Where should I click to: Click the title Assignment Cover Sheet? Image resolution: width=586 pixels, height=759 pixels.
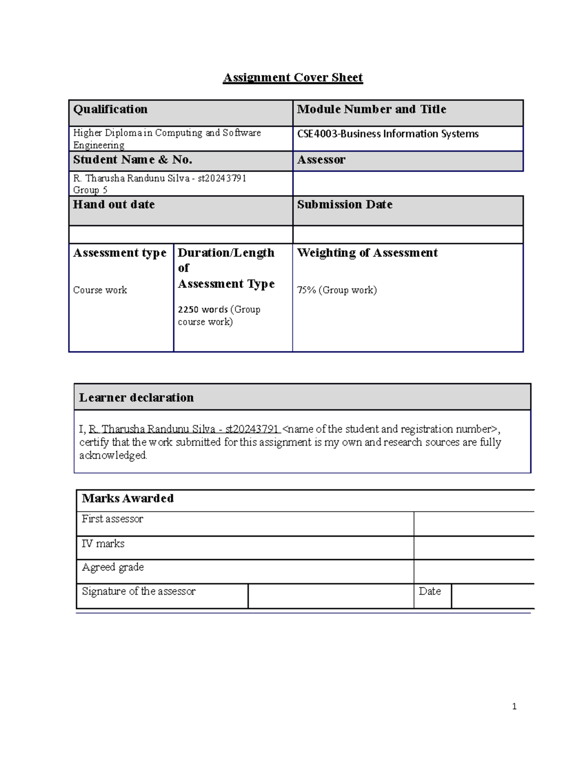point(293,78)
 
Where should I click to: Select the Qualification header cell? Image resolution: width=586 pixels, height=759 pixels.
point(110,109)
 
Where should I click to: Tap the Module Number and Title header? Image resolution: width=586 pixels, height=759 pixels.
point(371,109)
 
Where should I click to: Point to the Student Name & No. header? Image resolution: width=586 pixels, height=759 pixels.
point(132,160)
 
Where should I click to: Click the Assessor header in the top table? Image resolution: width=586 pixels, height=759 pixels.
point(321,160)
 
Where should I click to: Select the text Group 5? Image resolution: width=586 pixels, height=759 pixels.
point(90,190)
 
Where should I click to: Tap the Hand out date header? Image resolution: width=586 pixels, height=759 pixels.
point(114,205)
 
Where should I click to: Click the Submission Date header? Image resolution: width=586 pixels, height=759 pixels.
point(344,205)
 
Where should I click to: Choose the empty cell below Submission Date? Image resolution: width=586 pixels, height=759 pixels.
point(408,235)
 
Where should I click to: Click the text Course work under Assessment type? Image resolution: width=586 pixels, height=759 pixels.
point(100,290)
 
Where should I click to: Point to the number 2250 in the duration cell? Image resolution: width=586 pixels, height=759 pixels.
point(188,310)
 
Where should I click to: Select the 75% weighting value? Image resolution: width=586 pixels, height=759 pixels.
point(307,290)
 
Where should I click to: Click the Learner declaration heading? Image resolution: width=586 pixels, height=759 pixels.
point(136,398)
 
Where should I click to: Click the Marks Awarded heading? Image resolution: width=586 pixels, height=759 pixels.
point(127,499)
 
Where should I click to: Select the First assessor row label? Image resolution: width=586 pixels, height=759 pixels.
point(112,519)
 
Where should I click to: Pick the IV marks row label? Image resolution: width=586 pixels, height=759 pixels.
point(103,544)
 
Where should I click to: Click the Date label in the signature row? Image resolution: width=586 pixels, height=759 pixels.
point(430,591)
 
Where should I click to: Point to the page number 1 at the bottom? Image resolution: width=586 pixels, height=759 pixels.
point(514,706)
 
